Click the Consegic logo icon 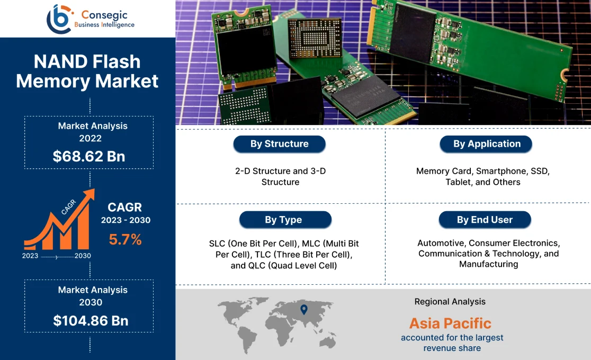[59, 19]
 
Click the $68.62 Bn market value [89, 156]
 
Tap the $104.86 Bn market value [91, 320]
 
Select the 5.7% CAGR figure [126, 240]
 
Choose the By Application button [486, 144]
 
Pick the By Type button [284, 220]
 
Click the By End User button [485, 220]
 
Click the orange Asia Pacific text [450, 323]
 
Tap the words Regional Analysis [450, 302]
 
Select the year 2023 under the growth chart [30, 256]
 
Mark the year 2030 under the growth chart [83, 256]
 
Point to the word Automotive [441, 243]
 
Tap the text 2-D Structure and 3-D [281, 171]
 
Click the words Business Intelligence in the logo [104, 25]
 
